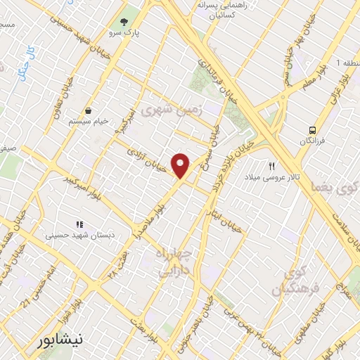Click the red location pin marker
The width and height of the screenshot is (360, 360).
click(181, 165)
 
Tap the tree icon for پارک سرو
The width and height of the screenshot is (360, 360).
click(124, 22)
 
